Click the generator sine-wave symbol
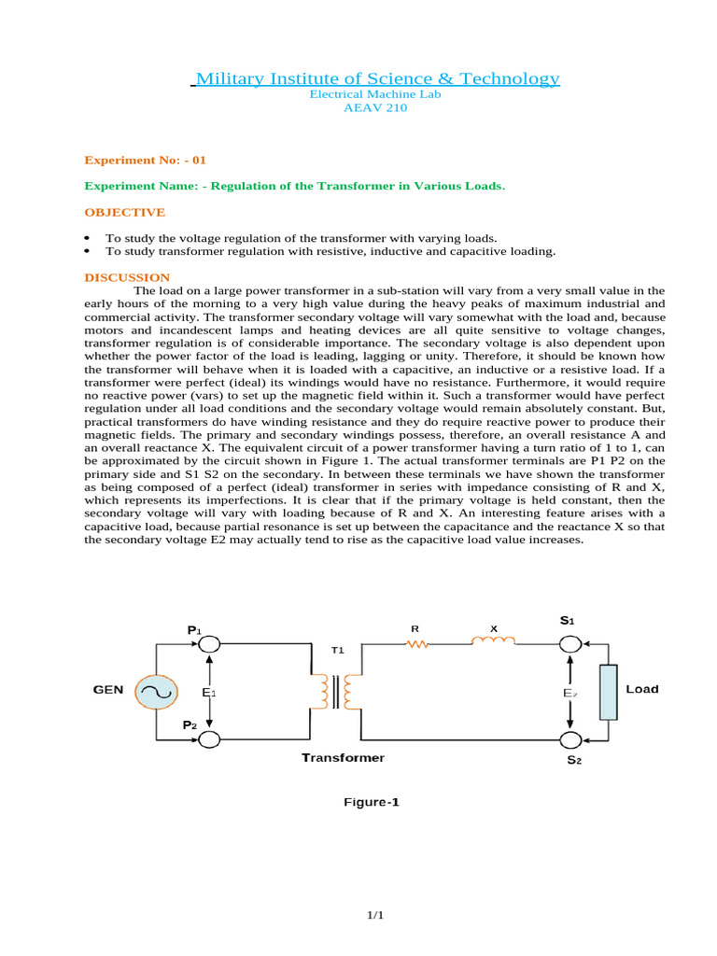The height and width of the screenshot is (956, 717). (x=154, y=692)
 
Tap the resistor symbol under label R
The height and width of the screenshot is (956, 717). (x=416, y=644)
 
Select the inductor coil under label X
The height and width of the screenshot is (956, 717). (x=492, y=641)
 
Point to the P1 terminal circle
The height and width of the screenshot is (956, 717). (x=209, y=644)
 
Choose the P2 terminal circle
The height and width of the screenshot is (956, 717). (x=209, y=739)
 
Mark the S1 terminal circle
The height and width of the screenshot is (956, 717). (x=569, y=644)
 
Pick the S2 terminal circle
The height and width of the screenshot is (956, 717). (x=569, y=740)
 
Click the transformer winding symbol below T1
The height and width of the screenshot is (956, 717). (x=337, y=692)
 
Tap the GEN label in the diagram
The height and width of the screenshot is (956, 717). (x=107, y=690)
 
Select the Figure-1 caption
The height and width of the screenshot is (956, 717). (x=372, y=801)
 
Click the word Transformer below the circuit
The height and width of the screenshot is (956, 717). (x=343, y=757)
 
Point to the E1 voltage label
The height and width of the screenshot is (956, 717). (x=208, y=693)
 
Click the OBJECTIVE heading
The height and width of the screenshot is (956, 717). (x=124, y=212)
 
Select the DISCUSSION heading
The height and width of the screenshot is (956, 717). (x=127, y=277)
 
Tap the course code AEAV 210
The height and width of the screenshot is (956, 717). (x=375, y=107)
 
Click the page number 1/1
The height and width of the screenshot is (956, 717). (x=375, y=916)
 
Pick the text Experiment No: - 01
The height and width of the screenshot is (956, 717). (x=145, y=160)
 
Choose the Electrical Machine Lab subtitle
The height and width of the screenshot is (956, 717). (x=374, y=94)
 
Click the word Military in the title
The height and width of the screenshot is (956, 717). (x=232, y=78)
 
